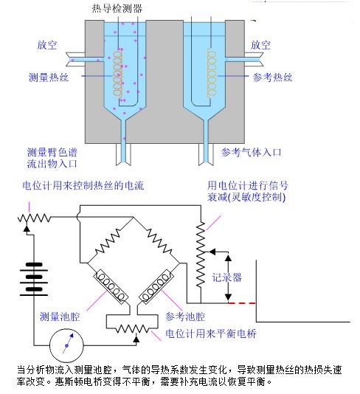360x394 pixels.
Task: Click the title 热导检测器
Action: (117, 8)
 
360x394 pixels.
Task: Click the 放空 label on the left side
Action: (47, 45)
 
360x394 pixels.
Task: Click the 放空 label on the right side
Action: (260, 45)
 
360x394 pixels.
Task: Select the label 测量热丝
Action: (49, 77)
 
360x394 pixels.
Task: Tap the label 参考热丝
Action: (272, 77)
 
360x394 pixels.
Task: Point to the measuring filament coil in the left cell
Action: (118, 73)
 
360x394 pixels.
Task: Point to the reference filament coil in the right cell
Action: (212, 72)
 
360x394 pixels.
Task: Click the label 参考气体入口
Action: (251, 152)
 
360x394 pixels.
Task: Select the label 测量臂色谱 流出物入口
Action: (52, 158)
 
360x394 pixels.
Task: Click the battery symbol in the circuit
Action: (34, 279)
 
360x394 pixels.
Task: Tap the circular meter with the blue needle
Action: (66, 345)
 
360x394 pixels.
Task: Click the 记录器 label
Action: (227, 277)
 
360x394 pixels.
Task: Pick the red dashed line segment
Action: (242, 303)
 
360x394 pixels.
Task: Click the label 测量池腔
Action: (60, 317)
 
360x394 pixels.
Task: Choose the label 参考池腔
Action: (185, 317)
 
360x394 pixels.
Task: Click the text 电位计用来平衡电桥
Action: (211, 333)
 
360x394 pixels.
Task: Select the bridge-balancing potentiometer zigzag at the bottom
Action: (132, 328)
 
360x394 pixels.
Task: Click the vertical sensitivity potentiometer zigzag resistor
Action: (201, 255)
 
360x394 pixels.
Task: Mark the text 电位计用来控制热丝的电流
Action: (83, 185)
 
